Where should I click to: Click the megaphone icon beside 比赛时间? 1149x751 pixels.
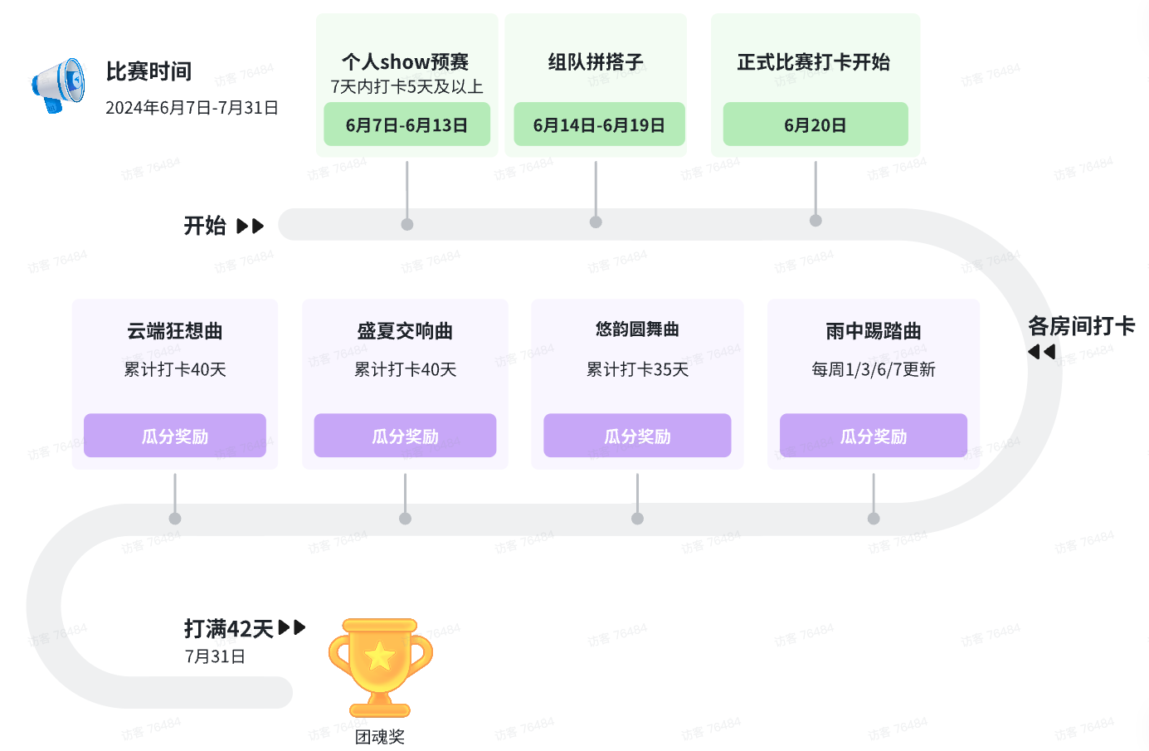58,85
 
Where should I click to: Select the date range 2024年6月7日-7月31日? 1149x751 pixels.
192,108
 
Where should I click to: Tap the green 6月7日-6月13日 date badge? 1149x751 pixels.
407,124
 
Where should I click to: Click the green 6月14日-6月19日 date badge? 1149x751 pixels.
599,124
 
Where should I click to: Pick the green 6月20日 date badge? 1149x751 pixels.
815,124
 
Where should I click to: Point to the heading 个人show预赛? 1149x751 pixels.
406,61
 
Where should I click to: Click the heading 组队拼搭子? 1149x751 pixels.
596,61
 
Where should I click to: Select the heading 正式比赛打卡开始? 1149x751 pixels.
814,61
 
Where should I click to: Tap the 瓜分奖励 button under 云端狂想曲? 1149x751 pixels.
175,436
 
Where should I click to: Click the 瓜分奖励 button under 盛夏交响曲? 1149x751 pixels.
405,436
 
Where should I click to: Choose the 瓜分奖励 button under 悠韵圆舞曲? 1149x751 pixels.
637,436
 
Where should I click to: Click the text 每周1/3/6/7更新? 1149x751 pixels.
874,369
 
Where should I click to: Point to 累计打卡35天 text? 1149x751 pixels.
637,369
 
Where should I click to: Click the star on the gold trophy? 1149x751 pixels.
380,656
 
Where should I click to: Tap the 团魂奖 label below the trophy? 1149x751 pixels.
380,736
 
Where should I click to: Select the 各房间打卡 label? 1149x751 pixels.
1081,326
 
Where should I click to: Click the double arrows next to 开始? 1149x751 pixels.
250,226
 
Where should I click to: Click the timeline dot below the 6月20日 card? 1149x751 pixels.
815,221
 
